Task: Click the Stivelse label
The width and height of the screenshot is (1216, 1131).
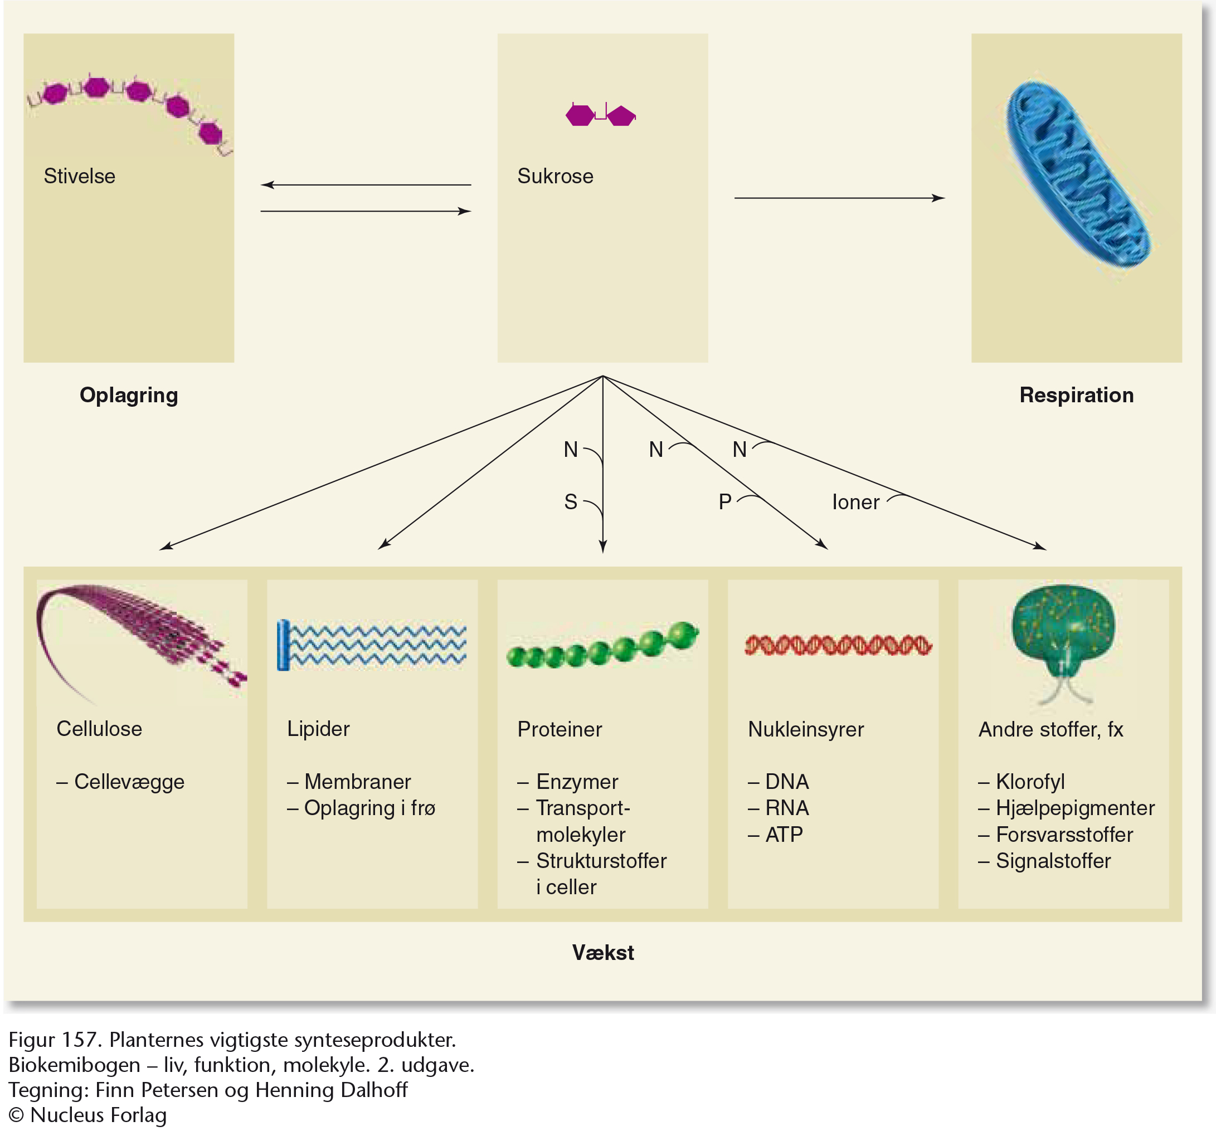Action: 80,176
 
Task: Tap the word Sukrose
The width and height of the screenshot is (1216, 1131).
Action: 555,176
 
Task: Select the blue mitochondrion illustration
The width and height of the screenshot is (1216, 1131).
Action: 1078,175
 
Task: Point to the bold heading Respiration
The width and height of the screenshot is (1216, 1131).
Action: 1076,395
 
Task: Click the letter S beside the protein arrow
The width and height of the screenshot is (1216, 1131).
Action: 571,502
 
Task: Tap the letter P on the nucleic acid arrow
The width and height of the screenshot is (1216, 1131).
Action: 725,502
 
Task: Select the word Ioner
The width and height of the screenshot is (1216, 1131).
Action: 855,502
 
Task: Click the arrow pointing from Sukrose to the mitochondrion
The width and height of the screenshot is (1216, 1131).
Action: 839,198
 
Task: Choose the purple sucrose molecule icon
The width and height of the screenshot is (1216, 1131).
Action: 600,115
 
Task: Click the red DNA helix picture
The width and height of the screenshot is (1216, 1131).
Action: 838,645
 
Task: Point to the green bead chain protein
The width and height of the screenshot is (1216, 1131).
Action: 602,646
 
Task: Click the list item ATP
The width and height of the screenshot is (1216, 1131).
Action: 784,835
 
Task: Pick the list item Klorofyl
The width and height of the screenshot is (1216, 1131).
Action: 1029,781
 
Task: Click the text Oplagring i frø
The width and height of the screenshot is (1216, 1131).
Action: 369,808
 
